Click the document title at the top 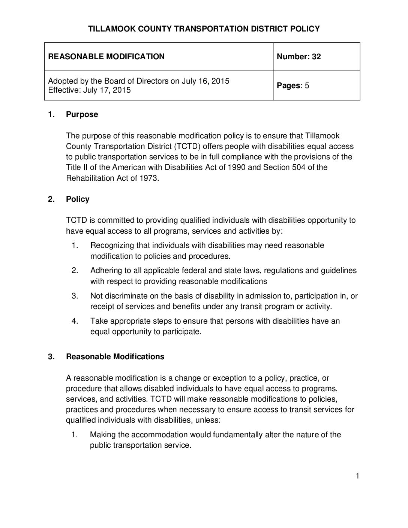tap(204, 29)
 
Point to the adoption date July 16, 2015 tap(205, 81)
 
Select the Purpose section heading tap(82, 114)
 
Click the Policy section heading tap(78, 199)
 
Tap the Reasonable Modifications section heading tap(115, 357)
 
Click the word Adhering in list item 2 tap(106, 270)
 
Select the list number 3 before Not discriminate tap(75, 296)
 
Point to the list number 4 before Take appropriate tap(75, 321)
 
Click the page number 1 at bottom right tap(357, 476)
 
